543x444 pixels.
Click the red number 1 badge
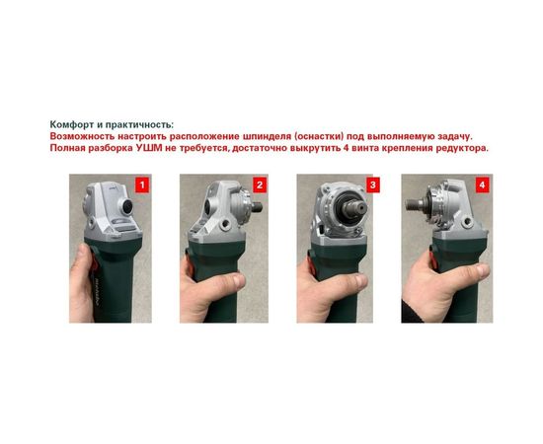coord(142,185)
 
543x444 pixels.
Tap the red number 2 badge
coord(259,185)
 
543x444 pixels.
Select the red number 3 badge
coord(372,185)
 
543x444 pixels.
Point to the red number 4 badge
coord(482,185)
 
